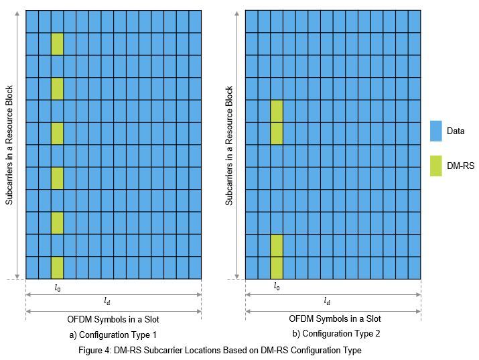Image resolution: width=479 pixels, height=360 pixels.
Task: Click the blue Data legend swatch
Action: coord(436,131)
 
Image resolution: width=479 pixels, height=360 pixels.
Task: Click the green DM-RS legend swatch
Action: coord(436,166)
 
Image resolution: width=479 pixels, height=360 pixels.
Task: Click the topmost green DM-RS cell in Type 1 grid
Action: coord(57,44)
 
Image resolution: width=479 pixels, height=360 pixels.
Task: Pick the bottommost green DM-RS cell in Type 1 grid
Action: coord(57,267)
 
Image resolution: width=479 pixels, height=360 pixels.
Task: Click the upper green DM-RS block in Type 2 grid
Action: coord(277,122)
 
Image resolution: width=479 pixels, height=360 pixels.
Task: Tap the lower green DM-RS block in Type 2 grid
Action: coord(277,257)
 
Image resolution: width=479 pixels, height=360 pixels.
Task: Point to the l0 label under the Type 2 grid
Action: coord(277,286)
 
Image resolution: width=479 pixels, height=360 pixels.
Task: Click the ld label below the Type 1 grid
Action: coord(107,301)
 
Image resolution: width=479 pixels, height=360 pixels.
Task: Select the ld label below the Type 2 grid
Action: coord(327,301)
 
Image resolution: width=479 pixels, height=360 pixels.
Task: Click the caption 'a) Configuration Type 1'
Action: coord(113,334)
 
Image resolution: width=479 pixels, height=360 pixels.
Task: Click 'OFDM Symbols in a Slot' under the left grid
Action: coord(113,318)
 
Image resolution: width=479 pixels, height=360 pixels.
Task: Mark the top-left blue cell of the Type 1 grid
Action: coord(32,21)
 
